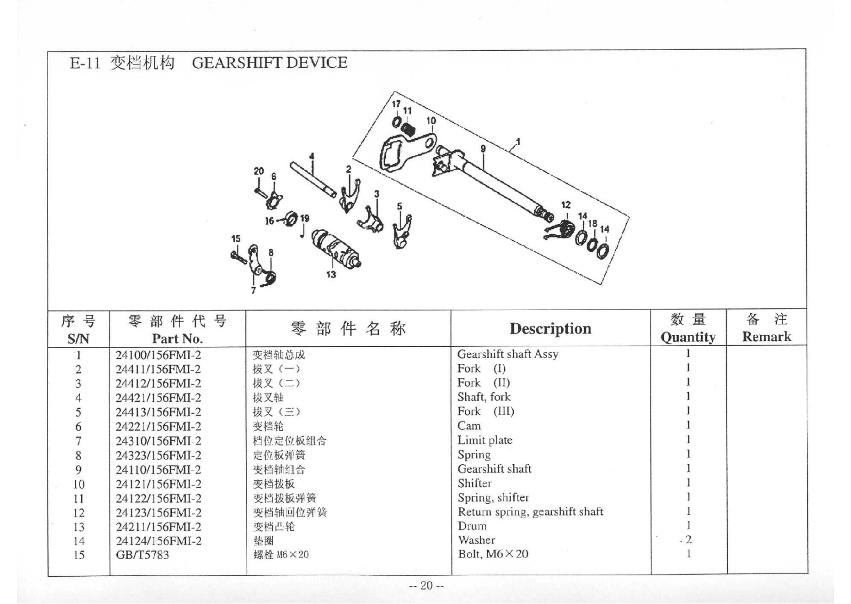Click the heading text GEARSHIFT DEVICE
pos(269,63)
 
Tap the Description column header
pos(550,328)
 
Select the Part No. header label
pos(177,338)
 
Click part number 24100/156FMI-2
pos(158,355)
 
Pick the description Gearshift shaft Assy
pos(507,354)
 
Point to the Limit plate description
pos(484,440)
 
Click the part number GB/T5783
pos(142,555)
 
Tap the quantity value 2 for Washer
pos(688,540)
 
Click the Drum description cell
pos(472,526)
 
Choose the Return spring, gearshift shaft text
pos(530,512)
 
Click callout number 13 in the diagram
pos(331,274)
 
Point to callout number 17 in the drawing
pos(396,104)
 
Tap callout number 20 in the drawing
pos(258,171)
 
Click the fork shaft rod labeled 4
pos(313,179)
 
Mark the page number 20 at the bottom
pos(426,585)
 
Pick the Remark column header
pos(766,337)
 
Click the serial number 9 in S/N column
pos(78,470)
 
